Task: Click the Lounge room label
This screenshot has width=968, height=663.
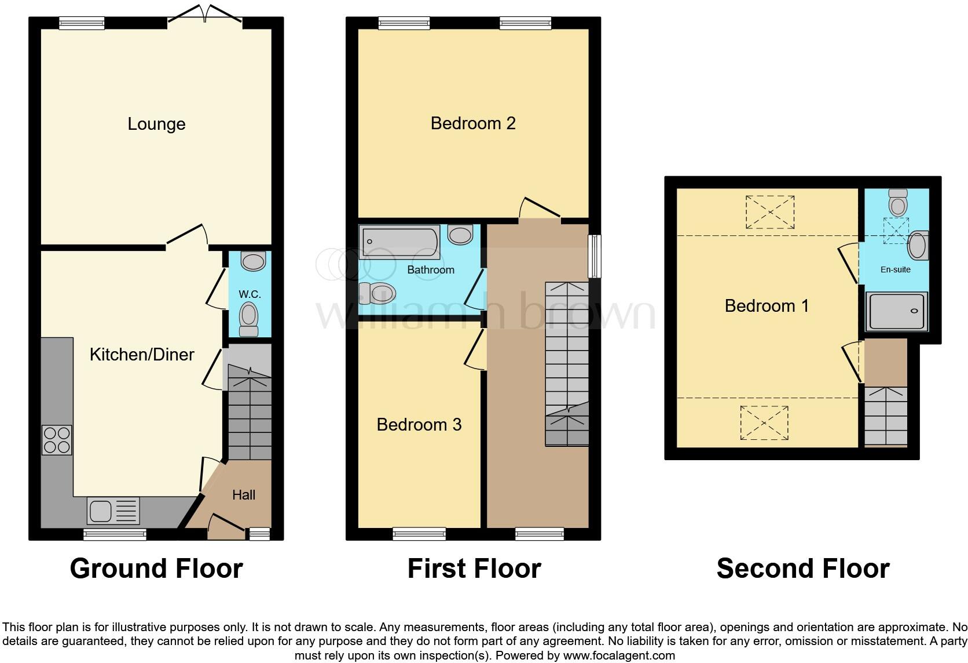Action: pos(156,124)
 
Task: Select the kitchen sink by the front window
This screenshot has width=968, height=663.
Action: pos(113,511)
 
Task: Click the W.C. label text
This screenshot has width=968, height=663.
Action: pos(250,294)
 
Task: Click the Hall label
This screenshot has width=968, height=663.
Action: pos(244,495)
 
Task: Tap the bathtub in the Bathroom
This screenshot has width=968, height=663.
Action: pos(400,242)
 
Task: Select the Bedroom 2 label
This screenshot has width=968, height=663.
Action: pos(473,123)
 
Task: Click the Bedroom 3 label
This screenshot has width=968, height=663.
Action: pos(419,425)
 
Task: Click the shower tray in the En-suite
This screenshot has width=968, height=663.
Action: pos(896,311)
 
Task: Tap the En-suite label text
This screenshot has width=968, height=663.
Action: pos(895,269)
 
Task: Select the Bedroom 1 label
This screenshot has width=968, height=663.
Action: pos(766,306)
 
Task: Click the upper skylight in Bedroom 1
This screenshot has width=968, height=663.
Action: pos(769,212)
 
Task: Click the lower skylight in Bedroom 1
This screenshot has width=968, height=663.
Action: pos(764,422)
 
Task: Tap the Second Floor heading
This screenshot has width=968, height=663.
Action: pos(802,569)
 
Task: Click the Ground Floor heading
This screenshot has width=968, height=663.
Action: pos(156,569)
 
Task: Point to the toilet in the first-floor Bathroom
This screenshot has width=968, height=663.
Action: pos(377,293)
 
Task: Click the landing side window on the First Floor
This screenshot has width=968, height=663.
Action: pos(594,256)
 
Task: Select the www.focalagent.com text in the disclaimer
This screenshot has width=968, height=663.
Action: pos(618,656)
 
